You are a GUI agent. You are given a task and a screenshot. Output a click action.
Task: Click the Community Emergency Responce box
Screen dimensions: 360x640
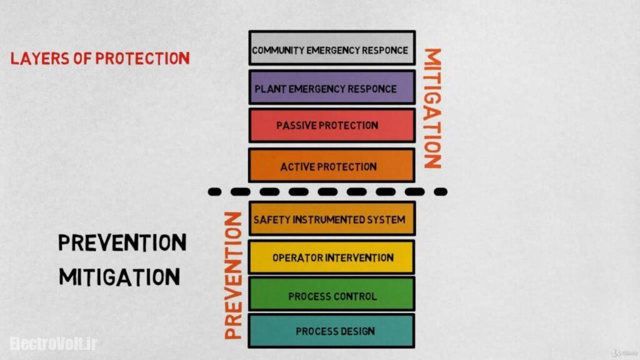pyautogui.click(x=331, y=48)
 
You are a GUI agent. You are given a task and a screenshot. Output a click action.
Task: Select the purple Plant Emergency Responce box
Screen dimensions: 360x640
pyautogui.click(x=331, y=87)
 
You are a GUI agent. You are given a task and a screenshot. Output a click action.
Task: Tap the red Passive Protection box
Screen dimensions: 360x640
pyautogui.click(x=331, y=126)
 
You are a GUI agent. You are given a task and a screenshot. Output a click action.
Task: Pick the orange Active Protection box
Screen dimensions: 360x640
pyautogui.click(x=331, y=166)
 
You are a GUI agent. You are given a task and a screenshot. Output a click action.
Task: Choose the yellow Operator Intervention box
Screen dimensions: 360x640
pyautogui.click(x=331, y=257)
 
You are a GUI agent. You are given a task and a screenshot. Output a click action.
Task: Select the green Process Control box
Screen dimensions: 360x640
pyautogui.click(x=331, y=295)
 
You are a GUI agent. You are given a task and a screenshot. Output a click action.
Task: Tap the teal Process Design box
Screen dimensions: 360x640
pyautogui.click(x=331, y=331)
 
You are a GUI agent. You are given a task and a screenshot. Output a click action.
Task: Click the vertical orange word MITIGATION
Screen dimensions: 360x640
pyautogui.click(x=432, y=107)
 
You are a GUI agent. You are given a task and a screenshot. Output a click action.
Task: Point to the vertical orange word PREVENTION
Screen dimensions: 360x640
pyautogui.click(x=232, y=275)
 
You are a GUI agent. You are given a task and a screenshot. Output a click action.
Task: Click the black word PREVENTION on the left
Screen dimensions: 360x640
pyautogui.click(x=122, y=242)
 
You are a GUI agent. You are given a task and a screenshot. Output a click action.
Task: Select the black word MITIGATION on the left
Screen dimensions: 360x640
pyautogui.click(x=119, y=276)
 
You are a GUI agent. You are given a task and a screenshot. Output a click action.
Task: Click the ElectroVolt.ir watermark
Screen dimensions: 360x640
pyautogui.click(x=53, y=343)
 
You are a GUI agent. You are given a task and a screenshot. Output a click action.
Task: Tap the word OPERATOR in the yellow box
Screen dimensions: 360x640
pyautogui.click(x=296, y=257)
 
